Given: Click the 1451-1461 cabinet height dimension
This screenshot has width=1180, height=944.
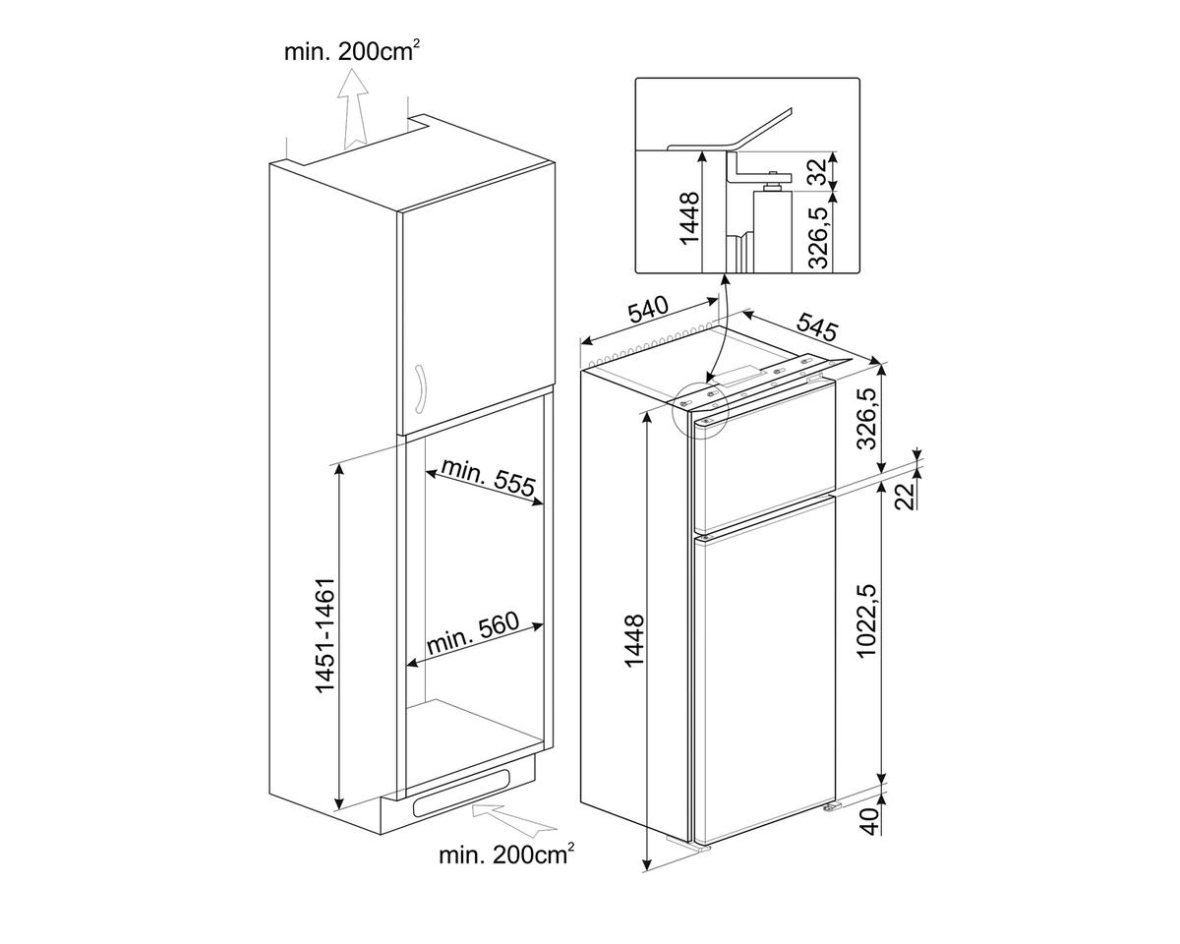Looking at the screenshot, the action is tap(324, 636).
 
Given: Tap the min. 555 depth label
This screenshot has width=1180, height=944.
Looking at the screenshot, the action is tap(488, 477).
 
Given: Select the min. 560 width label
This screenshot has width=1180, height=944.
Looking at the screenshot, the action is tap(473, 632).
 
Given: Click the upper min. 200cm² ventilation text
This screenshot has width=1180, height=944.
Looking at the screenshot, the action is tap(352, 51).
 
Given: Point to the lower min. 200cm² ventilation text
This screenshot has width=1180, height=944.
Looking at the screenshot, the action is tap(506, 855).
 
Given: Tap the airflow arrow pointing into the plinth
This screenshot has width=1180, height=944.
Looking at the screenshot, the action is tap(513, 821).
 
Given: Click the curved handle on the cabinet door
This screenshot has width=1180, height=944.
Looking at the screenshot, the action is tap(420, 388).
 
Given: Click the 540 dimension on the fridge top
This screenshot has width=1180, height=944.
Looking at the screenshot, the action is tap(648, 310).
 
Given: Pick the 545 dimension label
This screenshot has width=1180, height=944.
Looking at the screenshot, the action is tap(817, 326).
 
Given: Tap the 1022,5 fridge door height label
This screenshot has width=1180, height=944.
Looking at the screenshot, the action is tap(868, 620).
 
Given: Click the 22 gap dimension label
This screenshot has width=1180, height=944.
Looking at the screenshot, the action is tap(905, 496).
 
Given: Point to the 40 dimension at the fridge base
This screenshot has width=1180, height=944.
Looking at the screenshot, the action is tap(868, 822).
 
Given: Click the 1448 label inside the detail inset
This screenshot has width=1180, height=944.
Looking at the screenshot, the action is tap(688, 217).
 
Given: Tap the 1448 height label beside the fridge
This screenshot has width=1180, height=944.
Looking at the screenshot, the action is tap(634, 641).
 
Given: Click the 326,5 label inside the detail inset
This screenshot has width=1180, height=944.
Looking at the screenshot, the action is tap(817, 236).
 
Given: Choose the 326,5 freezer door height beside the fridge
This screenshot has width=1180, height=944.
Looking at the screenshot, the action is tap(868, 418).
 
